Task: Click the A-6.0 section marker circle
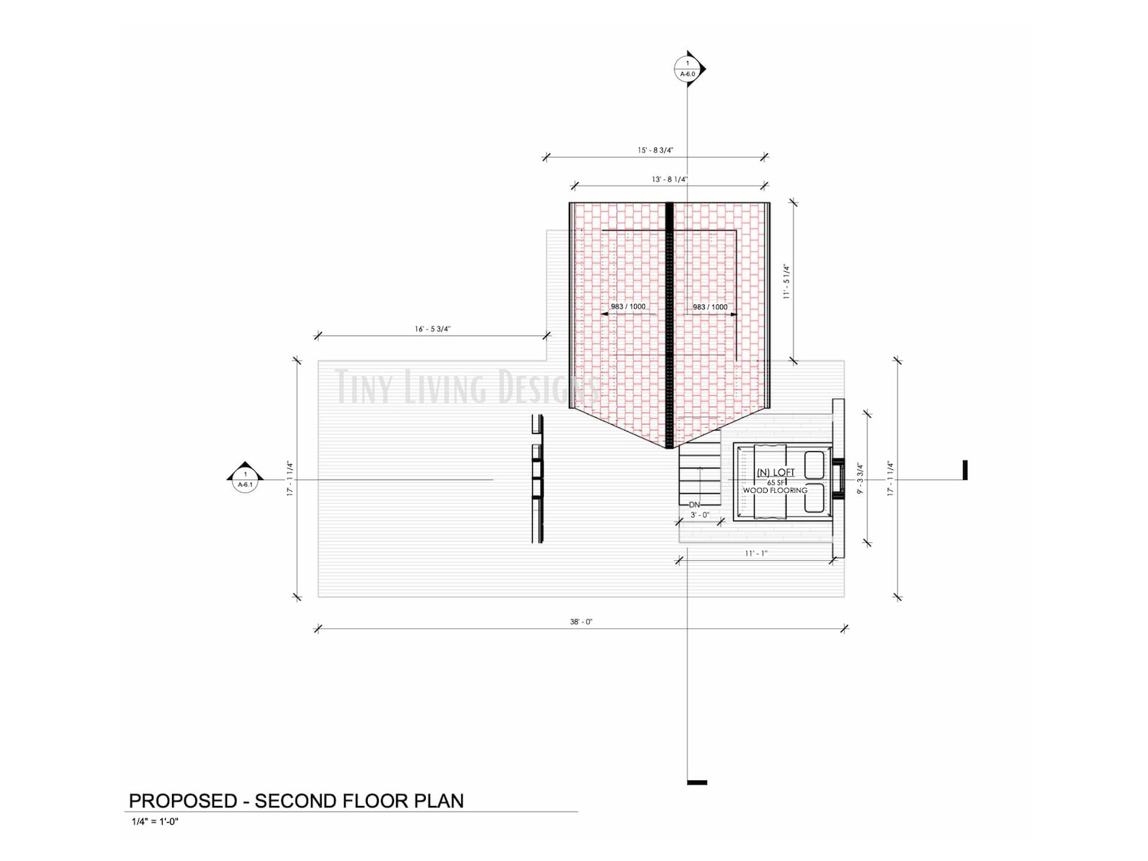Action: point(687,69)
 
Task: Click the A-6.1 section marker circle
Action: point(245,480)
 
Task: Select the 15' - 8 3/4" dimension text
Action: point(655,150)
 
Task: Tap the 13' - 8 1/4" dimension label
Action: point(669,179)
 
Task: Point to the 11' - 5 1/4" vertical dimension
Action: point(787,282)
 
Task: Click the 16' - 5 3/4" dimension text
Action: point(432,329)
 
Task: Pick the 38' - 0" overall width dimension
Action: point(581,622)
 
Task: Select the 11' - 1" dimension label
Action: point(755,553)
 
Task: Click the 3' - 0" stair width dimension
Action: point(699,515)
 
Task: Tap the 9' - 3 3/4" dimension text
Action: point(860,479)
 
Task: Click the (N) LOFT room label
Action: point(775,473)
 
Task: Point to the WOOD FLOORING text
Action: point(775,491)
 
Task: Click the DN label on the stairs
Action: point(694,505)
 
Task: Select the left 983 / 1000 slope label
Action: point(627,307)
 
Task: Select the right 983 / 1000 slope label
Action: point(710,307)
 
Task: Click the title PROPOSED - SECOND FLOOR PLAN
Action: point(296,801)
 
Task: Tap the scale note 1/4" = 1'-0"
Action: point(155,822)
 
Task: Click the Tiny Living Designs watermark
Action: point(466,387)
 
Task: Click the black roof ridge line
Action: point(669,325)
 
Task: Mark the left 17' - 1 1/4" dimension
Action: point(290,479)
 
